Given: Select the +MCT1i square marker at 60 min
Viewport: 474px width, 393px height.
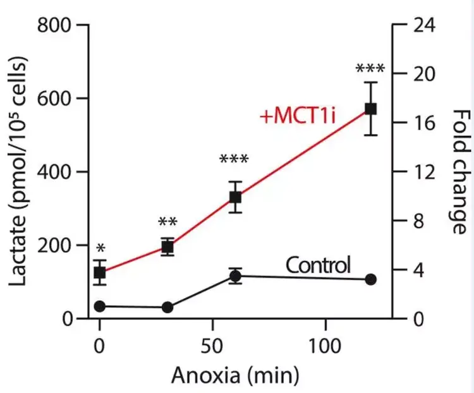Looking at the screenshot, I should [x=235, y=197].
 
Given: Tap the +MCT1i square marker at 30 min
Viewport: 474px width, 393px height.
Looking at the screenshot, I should [x=167, y=247].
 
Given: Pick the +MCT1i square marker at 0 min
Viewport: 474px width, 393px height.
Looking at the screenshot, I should [x=100, y=272].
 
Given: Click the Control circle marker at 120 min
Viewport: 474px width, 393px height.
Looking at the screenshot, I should [x=371, y=279].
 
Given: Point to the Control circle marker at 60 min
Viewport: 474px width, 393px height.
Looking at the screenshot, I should [x=235, y=276].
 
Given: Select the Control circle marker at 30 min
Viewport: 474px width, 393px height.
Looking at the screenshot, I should [x=167, y=307].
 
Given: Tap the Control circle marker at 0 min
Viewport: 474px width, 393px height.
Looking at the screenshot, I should [x=100, y=306].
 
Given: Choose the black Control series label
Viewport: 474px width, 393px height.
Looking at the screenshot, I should [x=318, y=265].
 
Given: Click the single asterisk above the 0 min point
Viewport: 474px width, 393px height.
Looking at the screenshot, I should [x=100, y=247].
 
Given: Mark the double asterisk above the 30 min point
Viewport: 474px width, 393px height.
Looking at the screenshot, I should [x=167, y=223].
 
